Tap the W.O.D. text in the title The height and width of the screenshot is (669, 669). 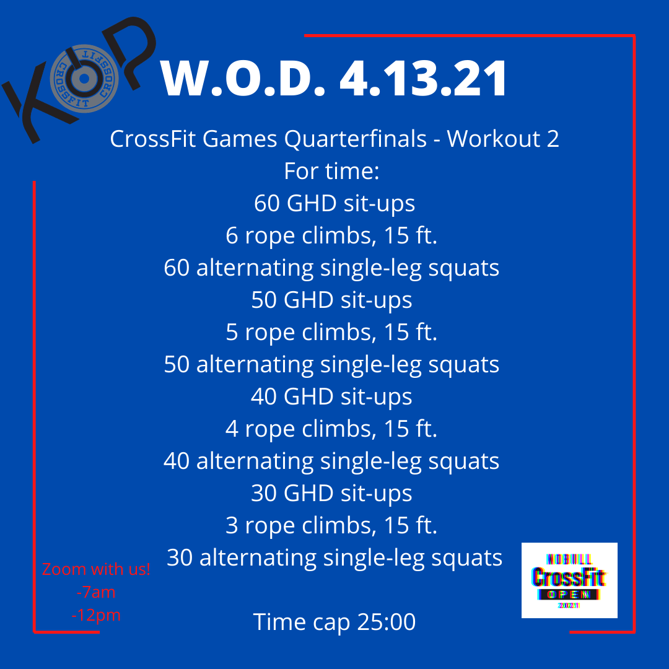point(242,79)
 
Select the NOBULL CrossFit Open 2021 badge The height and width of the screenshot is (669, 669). point(569,580)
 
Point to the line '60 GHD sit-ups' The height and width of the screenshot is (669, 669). point(334,203)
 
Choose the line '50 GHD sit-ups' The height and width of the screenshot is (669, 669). point(332,300)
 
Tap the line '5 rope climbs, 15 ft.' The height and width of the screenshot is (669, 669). point(332,332)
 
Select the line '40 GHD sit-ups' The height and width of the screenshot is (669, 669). point(332,396)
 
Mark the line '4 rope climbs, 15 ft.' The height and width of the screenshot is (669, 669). point(332,429)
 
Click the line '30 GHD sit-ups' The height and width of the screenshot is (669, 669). point(332,493)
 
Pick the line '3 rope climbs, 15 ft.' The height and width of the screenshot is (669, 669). point(332,525)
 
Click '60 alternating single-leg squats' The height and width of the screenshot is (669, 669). point(332,268)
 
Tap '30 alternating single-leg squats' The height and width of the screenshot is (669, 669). point(334,557)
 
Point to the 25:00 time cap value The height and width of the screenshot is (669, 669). point(387,622)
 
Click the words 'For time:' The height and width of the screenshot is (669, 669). point(331,171)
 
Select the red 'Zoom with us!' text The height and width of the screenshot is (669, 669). point(96,569)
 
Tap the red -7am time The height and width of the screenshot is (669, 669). point(96,592)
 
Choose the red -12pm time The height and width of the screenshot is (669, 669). point(96,615)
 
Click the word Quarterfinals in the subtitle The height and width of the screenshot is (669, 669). point(356,139)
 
